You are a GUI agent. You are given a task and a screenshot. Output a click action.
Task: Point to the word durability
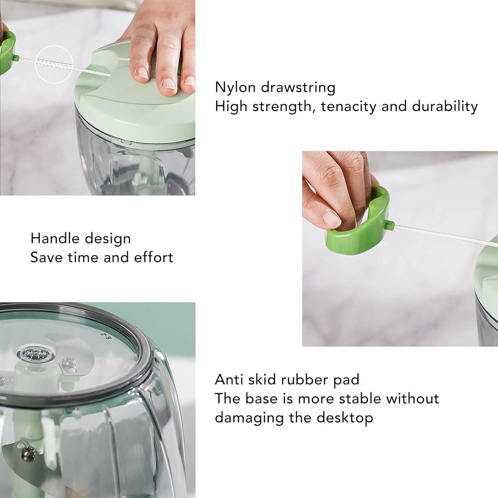tap(445, 107)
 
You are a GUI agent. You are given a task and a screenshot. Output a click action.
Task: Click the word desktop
tap(345, 418)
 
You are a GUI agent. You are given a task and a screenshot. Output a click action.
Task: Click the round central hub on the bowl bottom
tap(32, 354)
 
